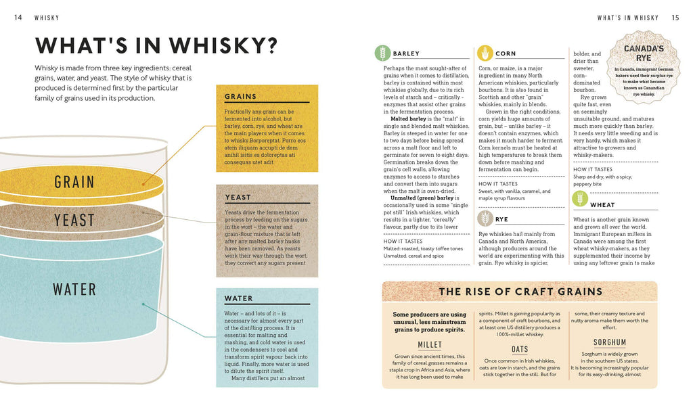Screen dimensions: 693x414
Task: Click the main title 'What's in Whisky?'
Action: (156, 45)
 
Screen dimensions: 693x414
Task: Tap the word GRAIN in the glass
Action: (74, 182)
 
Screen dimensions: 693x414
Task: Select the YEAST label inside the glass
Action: (74, 220)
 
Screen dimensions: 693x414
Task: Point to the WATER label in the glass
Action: (74, 290)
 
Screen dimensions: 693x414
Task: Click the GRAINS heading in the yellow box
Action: (240, 96)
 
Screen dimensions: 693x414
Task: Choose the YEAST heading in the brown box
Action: (238, 198)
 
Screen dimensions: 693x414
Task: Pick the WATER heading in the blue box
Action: (238, 298)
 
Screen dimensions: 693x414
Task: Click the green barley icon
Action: (383, 53)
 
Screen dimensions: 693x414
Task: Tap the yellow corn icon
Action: (485, 53)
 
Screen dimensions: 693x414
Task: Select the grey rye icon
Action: (485, 218)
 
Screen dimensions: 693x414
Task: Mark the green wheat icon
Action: (580, 199)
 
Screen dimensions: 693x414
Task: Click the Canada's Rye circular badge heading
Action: (644, 53)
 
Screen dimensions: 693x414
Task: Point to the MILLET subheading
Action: (430, 344)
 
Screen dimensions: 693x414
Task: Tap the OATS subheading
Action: (520, 349)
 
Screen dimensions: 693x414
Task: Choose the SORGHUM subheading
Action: (610, 342)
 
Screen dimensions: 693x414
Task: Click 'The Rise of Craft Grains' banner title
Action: (520, 292)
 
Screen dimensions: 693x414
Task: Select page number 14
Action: (18, 17)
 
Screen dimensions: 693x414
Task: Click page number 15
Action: (675, 18)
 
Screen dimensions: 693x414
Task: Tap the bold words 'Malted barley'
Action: (408, 119)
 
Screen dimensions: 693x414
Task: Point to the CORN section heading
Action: (506, 53)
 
